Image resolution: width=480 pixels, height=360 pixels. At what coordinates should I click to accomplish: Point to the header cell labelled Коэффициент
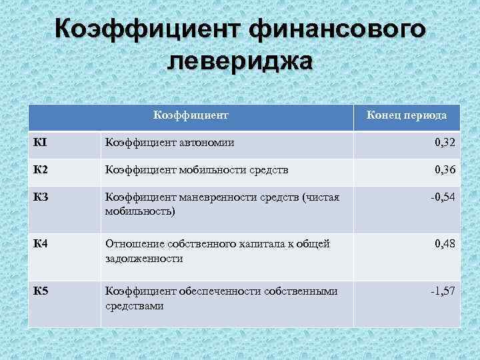[x=191, y=115]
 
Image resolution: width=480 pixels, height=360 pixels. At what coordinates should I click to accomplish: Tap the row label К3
[x=41, y=197]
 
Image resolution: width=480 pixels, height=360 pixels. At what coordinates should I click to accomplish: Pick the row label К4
[x=41, y=244]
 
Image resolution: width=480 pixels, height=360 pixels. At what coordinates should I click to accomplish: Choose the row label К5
[x=41, y=291]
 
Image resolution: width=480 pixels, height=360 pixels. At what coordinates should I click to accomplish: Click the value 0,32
[x=445, y=143]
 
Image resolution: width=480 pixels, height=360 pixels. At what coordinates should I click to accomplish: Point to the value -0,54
[x=442, y=197]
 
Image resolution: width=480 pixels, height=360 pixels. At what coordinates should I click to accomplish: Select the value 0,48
[x=445, y=244]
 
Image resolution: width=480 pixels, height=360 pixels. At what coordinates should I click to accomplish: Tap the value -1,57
[x=442, y=291]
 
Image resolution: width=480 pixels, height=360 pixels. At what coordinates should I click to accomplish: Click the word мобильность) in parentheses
[x=140, y=211]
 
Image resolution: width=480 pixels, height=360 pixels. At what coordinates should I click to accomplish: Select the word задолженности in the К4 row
[x=144, y=258]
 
